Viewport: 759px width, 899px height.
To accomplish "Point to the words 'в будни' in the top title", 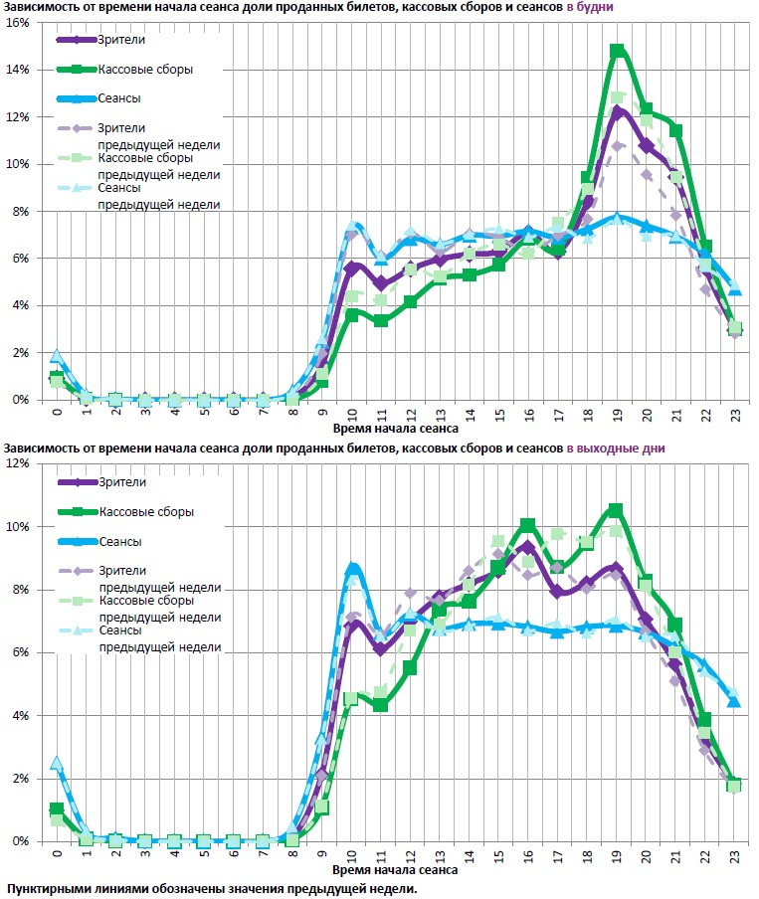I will coord(590,7).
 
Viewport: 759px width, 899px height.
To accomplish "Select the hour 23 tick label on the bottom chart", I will coord(734,854).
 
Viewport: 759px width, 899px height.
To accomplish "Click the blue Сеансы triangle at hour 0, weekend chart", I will coord(57,764).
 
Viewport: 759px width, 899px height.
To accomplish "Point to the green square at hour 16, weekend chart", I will coord(528,524).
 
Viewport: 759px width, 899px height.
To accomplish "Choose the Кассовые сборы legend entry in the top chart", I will coord(144,70).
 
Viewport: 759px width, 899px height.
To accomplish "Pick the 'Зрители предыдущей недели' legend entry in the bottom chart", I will coord(158,579).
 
